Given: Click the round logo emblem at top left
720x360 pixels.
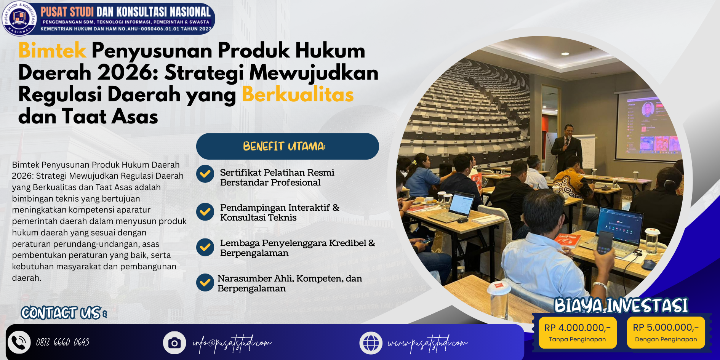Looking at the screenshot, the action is (x=19, y=18).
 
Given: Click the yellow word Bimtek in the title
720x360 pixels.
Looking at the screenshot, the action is (x=53, y=50).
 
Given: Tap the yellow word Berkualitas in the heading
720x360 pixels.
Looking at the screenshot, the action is (x=298, y=94).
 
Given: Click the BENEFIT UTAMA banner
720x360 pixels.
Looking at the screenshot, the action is (x=288, y=146).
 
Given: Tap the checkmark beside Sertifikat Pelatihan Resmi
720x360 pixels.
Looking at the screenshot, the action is (x=205, y=174).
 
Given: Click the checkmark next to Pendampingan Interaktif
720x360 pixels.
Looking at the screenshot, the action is (x=205, y=211).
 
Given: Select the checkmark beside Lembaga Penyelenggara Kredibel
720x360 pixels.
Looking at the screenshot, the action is (x=205, y=247).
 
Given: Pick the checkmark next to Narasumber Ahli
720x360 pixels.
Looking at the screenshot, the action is (x=205, y=282).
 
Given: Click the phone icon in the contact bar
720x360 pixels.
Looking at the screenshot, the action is (x=19, y=342).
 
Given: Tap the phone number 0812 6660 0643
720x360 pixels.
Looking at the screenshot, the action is (x=63, y=342).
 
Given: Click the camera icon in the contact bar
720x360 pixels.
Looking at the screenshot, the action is (x=174, y=343).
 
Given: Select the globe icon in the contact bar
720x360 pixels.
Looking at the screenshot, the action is (x=371, y=343).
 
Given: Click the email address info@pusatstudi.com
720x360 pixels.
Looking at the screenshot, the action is (x=232, y=343).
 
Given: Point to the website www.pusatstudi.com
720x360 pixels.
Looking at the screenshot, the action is (x=428, y=343).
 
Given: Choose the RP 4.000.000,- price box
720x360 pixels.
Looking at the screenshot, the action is (x=578, y=333).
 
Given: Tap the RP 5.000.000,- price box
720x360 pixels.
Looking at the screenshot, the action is (x=666, y=333).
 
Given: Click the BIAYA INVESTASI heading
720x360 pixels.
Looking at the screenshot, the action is (x=621, y=306).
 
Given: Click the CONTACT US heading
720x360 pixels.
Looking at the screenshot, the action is (x=64, y=313).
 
